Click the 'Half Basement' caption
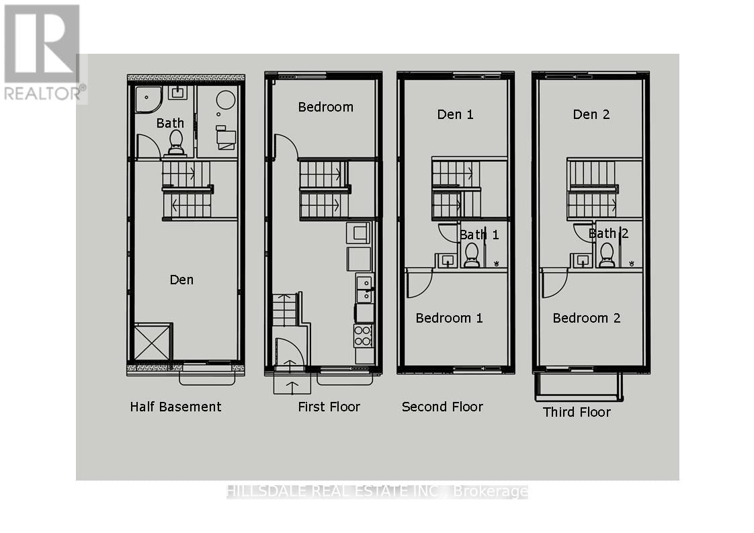pyautogui.click(x=175, y=407)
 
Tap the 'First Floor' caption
pyautogui.click(x=329, y=407)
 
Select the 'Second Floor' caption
pyautogui.click(x=442, y=407)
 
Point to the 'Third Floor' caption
pyautogui.click(x=577, y=412)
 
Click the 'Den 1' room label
pyautogui.click(x=455, y=114)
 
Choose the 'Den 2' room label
pyautogui.click(x=591, y=114)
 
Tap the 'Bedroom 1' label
pyautogui.click(x=449, y=318)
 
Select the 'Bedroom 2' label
pyautogui.click(x=586, y=318)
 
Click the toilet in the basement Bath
pyautogui.click(x=175, y=142)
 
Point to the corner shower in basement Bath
pyautogui.click(x=147, y=99)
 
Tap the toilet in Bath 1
pyautogui.click(x=471, y=255)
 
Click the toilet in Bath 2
pyautogui.click(x=607, y=255)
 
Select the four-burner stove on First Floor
pyautogui.click(x=363, y=335)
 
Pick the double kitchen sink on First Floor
pyautogui.click(x=364, y=288)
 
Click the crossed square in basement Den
pyautogui.click(x=153, y=342)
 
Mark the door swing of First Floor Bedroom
pyautogui.click(x=285, y=147)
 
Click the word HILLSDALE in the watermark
pyautogui.click(x=267, y=492)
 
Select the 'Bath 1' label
pyautogui.click(x=479, y=235)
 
